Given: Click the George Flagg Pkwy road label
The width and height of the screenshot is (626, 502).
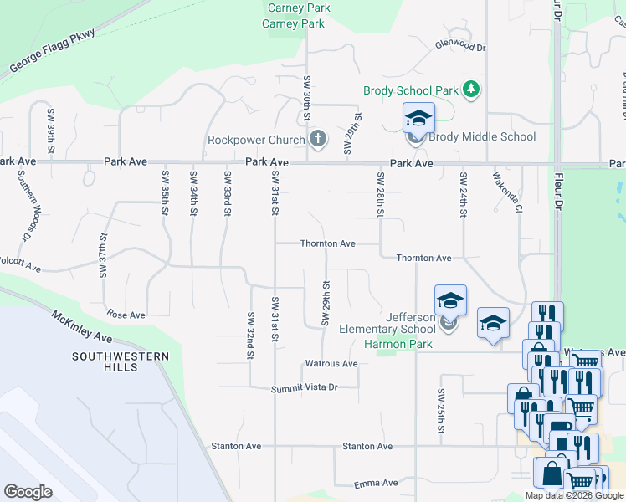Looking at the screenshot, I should [x=53, y=51].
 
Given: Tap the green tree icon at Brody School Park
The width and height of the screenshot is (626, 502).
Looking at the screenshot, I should [x=472, y=90].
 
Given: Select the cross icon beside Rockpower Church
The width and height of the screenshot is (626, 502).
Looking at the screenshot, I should [x=317, y=138].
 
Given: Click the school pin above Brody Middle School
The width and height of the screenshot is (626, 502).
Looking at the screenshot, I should [x=418, y=118].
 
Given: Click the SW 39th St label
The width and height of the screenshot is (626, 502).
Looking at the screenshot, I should [x=51, y=131].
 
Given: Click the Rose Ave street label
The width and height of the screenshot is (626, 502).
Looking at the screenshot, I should [x=126, y=315].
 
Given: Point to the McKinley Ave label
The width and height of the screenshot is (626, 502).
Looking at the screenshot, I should [x=81, y=326].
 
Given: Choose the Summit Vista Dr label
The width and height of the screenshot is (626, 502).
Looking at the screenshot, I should [x=304, y=388].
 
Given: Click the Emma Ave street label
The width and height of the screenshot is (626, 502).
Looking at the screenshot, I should [x=377, y=484].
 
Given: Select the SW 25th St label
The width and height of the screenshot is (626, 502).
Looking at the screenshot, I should [x=440, y=410].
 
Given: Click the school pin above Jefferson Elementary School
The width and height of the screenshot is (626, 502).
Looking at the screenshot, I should [x=450, y=300].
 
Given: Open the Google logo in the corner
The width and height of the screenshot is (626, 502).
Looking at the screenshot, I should [x=28, y=491].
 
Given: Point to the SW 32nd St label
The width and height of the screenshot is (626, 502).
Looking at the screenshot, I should [x=250, y=336].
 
